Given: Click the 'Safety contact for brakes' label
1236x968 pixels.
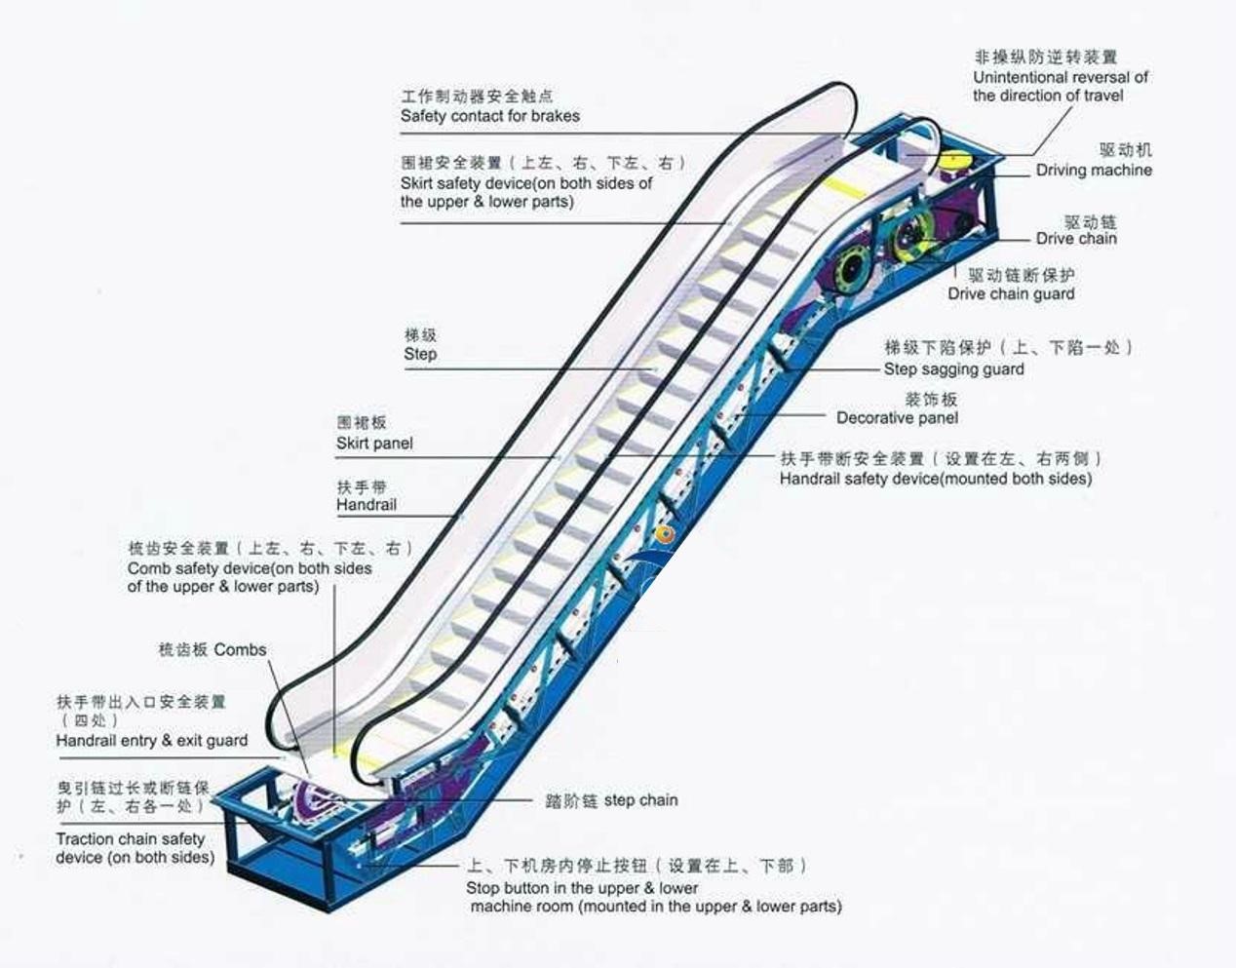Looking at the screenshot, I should tap(489, 116).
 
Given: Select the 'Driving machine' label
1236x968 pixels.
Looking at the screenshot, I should tap(1093, 170).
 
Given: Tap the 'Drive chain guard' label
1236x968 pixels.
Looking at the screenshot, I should tap(1011, 293).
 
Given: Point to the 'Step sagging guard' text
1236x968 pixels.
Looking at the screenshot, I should tap(953, 368).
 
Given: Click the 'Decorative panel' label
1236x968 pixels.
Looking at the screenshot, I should tap(897, 417).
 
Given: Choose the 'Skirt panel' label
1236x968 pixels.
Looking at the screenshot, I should tap(374, 444).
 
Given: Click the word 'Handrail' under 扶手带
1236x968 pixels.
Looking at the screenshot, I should tap(367, 505).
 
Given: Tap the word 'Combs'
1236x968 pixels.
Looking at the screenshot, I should tap(240, 649).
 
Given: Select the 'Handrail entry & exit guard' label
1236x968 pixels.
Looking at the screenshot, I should tap(152, 741).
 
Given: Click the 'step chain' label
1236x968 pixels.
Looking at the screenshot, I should tap(640, 800).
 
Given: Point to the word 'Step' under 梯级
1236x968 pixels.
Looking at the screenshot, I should tap(420, 354).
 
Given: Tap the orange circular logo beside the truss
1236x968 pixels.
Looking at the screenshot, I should tap(666, 534).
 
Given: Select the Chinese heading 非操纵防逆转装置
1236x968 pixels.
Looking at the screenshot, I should tap(1045, 58).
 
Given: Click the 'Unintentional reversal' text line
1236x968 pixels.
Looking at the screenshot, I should tap(1060, 77).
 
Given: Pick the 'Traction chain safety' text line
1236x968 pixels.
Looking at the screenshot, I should tap(131, 839).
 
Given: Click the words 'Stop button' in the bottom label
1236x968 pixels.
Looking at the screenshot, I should tap(508, 888).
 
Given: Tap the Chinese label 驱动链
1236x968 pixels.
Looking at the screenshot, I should tap(1090, 221).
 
